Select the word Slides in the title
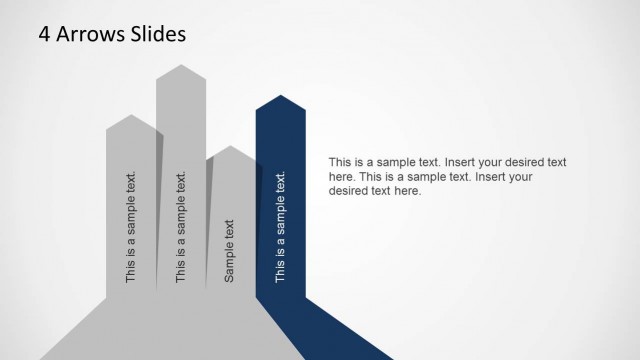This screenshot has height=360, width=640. [156, 34]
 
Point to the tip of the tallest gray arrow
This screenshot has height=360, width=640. [181, 67]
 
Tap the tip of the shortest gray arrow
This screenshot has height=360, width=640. [230, 148]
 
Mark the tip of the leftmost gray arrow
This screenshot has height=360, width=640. [131, 116]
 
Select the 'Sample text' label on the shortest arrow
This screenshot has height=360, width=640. [230, 250]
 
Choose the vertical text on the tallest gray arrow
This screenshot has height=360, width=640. [181, 227]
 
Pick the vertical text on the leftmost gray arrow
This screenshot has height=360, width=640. [131, 227]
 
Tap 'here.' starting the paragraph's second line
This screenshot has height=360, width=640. [341, 177]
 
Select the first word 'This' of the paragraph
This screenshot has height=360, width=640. [340, 162]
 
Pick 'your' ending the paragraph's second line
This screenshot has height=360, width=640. [519, 177]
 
